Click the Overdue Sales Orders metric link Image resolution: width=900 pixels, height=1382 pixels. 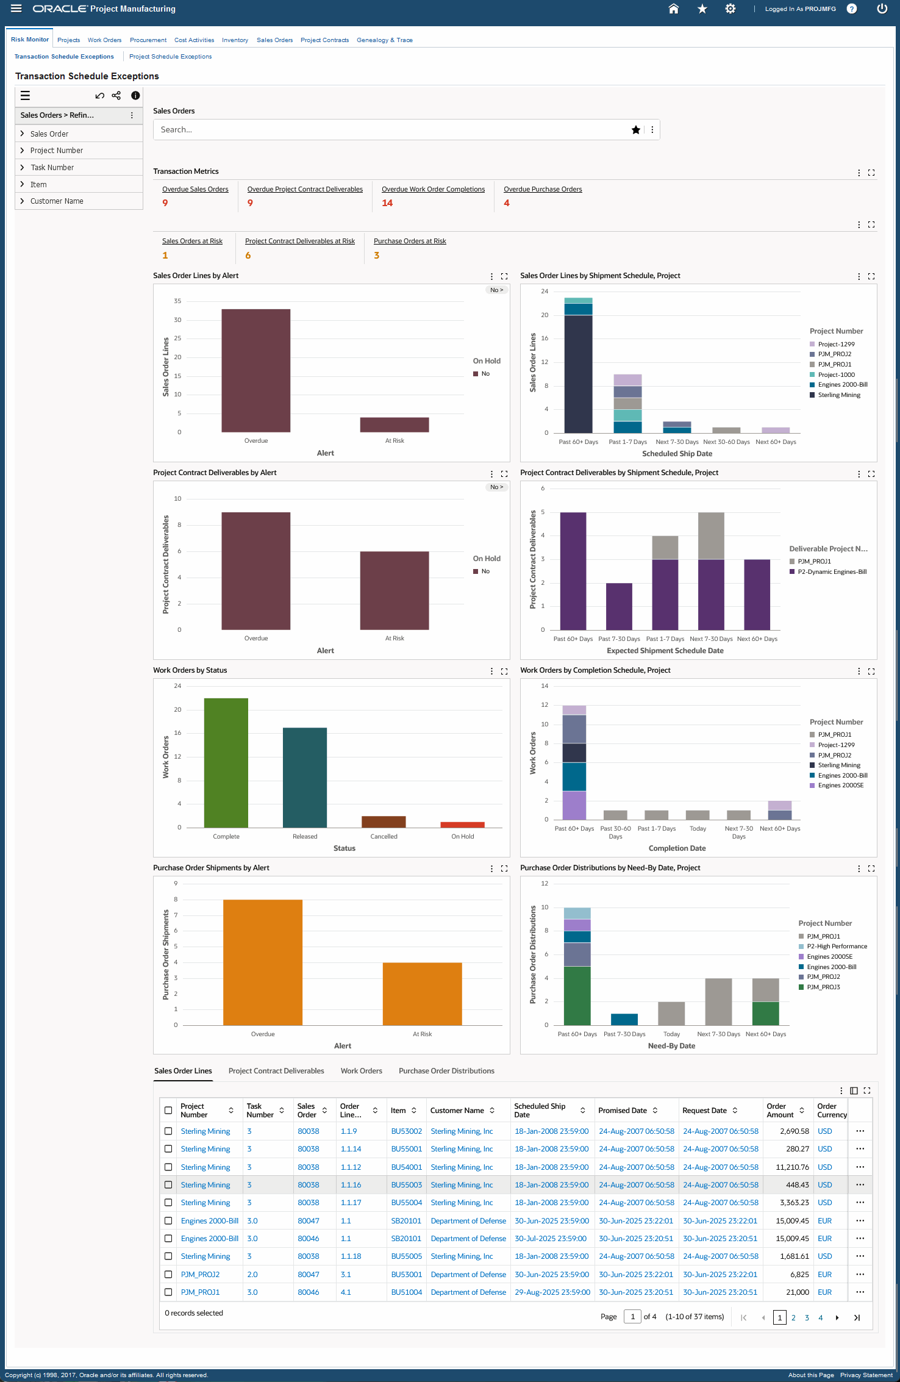pos(195,189)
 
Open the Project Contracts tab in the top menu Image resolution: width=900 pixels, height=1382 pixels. pos(324,40)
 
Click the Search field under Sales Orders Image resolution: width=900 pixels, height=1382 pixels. pos(390,130)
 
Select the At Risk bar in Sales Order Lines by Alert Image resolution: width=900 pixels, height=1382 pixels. pos(395,424)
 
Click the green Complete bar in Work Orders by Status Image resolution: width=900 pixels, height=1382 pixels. pos(226,762)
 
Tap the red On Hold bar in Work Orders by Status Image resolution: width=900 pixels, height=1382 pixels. pos(462,825)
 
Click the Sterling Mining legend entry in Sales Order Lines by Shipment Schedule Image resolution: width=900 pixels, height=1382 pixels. pos(839,395)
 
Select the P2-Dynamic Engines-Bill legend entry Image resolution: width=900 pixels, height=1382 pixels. pos(832,572)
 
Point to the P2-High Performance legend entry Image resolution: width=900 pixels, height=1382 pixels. pos(837,947)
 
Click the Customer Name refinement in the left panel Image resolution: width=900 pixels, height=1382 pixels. pos(57,201)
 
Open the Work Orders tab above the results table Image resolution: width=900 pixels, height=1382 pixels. pos(362,1071)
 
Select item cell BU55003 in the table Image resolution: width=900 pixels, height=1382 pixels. pos(407,1185)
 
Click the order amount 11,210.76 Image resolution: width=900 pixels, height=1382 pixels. pos(792,1167)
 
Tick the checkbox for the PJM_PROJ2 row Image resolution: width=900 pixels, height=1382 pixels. pos(168,1275)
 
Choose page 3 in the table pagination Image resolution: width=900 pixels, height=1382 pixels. pos(807,1317)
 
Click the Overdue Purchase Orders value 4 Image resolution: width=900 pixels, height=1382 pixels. pos(507,203)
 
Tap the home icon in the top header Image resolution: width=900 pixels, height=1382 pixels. pos(674,9)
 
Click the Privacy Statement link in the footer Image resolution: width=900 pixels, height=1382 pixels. pos(866,1375)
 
